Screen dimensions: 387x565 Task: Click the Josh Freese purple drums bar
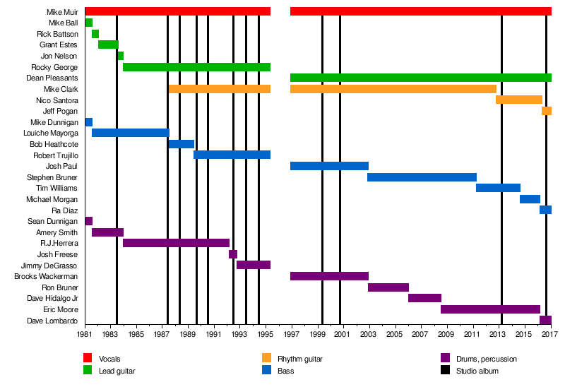[233, 254]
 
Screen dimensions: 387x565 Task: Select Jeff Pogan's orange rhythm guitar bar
[547, 111]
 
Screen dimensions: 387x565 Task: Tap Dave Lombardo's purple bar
[545, 321]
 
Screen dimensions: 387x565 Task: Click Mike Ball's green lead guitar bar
[89, 23]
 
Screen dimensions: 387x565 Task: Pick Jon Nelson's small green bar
[121, 56]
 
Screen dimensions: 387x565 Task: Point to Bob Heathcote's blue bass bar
[182, 144]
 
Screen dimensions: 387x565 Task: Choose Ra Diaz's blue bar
[545, 210]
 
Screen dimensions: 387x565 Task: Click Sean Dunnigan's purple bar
[89, 221]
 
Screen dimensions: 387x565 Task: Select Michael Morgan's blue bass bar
[530, 199]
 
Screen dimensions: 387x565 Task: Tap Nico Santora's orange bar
[519, 100]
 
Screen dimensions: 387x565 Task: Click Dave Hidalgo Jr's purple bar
[424, 298]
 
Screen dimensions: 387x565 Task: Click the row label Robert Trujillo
[56, 155]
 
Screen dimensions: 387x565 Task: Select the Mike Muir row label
[62, 12]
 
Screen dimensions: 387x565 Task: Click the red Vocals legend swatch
[88, 358]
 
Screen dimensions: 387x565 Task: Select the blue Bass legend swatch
[266, 369]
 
